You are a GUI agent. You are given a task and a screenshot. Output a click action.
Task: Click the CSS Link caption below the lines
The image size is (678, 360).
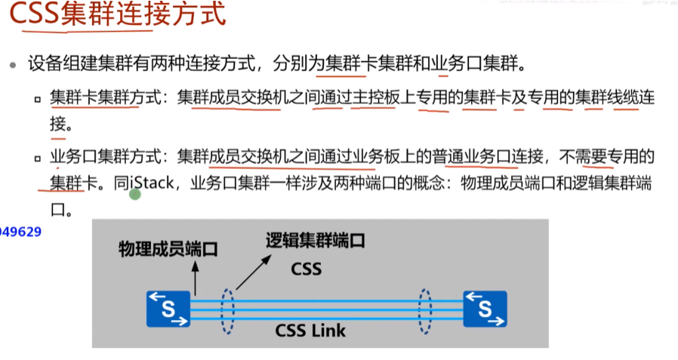tap(310, 331)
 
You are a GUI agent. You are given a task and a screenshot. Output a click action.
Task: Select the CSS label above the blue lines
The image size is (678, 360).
tap(306, 268)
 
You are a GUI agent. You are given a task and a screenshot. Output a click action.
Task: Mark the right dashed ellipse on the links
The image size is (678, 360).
tap(425, 309)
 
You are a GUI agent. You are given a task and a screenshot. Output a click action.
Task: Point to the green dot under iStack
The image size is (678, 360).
tap(135, 195)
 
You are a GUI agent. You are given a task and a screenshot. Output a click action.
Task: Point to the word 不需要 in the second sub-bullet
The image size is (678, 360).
tap(586, 157)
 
